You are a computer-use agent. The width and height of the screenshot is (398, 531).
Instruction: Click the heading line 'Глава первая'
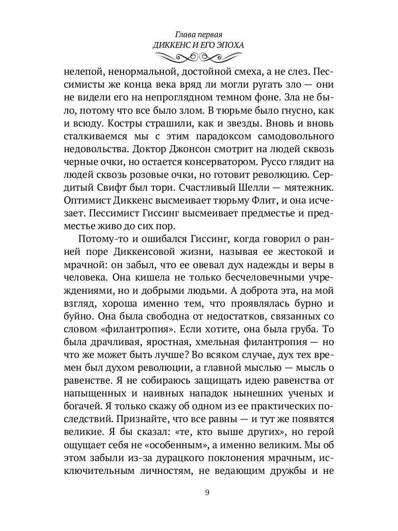click(198, 34)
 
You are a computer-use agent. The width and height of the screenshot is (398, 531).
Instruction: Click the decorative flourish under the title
click(198, 57)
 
